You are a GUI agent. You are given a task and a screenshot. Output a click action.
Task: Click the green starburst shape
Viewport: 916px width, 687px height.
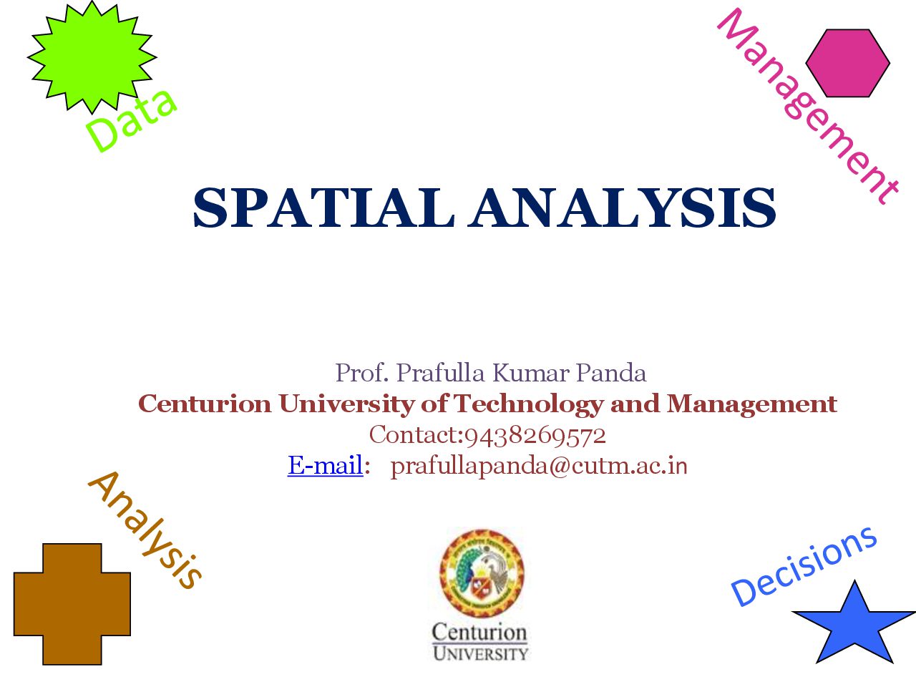click(92, 57)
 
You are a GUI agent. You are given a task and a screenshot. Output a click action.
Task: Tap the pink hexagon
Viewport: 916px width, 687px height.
click(847, 63)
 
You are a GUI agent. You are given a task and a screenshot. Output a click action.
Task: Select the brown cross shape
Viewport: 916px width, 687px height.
click(72, 604)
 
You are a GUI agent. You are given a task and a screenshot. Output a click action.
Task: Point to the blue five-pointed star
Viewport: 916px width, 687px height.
click(854, 625)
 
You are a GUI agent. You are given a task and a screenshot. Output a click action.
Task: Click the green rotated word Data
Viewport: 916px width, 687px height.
click(131, 120)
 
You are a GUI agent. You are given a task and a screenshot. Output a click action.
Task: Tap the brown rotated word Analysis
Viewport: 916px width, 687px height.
click(145, 530)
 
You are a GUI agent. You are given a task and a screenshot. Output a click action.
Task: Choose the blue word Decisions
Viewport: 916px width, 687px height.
click(804, 566)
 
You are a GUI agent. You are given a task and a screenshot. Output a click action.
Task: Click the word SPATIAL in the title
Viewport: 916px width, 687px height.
click(323, 208)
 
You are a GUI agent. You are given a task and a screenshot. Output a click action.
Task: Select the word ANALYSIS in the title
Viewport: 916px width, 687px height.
click(621, 208)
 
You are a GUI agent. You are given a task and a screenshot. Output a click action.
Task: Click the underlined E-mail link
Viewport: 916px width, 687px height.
click(325, 464)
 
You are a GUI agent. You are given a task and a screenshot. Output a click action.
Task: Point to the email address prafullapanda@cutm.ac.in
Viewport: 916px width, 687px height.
click(539, 467)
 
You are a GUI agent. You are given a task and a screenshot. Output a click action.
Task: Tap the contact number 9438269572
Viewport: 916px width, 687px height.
click(535, 436)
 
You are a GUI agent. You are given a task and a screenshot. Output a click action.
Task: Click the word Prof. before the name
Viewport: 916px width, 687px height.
click(362, 373)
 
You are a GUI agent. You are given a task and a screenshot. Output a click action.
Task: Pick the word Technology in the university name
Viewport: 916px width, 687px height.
click(529, 404)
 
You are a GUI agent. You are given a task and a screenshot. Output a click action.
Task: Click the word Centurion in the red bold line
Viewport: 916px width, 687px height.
click(205, 404)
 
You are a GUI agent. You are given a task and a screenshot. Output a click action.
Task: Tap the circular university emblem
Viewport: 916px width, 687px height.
click(482, 573)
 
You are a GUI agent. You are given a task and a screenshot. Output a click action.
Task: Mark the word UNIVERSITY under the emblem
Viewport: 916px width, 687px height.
click(480, 653)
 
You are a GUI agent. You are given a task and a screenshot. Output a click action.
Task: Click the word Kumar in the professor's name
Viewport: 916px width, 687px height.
click(531, 373)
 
